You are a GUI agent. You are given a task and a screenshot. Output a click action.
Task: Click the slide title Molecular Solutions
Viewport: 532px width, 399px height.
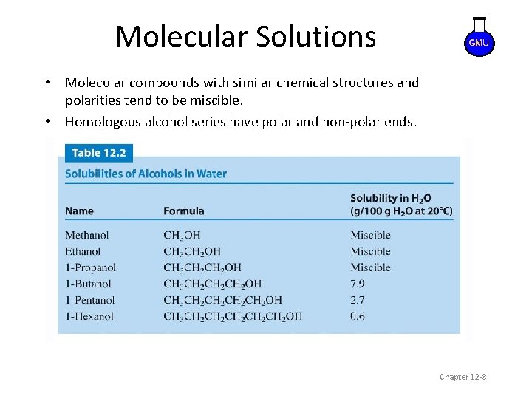pos(245,36)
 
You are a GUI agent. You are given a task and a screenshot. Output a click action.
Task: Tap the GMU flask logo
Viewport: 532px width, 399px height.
pos(478,41)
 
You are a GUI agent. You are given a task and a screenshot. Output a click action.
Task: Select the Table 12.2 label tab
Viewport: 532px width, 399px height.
pos(99,153)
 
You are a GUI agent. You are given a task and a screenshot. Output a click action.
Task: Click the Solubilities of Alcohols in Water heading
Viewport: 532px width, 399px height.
pos(146,174)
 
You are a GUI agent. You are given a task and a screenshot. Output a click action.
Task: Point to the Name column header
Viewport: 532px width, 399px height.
pos(79,211)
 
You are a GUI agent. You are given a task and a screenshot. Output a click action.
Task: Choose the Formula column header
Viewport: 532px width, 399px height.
pos(183,211)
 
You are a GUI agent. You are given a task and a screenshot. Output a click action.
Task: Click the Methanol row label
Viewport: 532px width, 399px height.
pos(86,235)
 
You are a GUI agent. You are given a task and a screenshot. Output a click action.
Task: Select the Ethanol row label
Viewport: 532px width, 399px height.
pos(83,251)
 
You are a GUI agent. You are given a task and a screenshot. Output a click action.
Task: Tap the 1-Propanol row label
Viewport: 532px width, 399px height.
pos(90,267)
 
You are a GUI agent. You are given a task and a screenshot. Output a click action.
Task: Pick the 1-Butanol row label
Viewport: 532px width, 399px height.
pos(88,284)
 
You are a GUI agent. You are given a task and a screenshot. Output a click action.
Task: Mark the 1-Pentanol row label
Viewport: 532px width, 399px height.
pos(90,300)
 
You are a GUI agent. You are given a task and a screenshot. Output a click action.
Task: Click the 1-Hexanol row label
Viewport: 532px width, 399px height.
pos(89,316)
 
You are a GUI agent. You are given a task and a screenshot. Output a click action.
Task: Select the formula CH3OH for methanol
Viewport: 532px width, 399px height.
pos(182,235)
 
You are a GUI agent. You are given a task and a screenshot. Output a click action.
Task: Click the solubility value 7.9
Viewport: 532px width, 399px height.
pos(358,284)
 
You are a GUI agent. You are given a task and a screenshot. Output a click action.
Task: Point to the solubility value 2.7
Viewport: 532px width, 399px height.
pos(358,300)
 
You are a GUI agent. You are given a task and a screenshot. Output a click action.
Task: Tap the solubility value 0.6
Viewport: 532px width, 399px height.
pos(358,316)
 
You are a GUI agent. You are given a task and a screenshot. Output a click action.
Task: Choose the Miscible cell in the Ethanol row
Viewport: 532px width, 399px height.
pos(370,251)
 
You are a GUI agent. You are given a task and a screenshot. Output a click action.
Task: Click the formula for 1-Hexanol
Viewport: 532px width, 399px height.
pos(233,316)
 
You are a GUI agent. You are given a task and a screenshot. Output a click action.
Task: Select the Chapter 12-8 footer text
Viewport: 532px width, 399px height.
pos(463,377)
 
